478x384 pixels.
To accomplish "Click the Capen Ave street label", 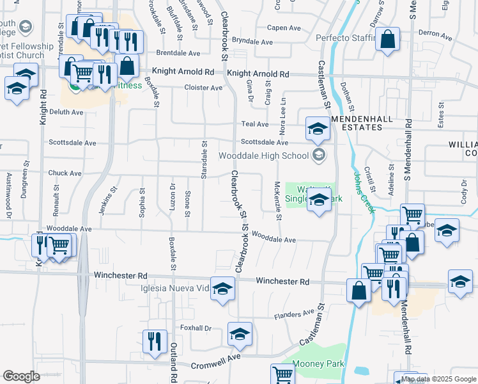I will pos(284,28).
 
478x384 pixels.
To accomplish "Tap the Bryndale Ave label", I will pos(252,42).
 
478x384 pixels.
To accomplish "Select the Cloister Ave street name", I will pos(203,88).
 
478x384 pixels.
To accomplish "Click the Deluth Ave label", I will pos(66,112).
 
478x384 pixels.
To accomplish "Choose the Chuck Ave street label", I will pos(65,173).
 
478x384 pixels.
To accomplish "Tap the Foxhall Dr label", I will pos(196,328).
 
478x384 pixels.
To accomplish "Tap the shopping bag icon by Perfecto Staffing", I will pos(388,40).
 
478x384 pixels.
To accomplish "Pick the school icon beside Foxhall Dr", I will pos(240,333).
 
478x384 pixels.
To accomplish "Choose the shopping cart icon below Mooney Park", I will pos(282,374).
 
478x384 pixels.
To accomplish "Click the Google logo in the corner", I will pos(21,376).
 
